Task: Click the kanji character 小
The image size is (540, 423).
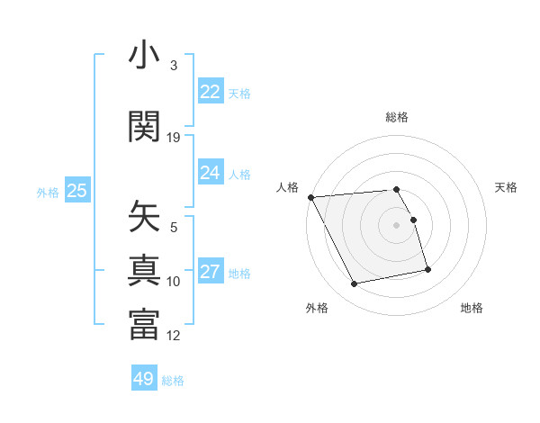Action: coord(144,57)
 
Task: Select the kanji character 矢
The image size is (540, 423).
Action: coord(144,217)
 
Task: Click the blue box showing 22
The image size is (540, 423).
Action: coord(211,92)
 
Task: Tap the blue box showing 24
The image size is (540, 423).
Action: coord(211,173)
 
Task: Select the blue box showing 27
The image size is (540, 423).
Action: coord(211,272)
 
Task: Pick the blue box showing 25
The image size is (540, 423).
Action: coord(77,191)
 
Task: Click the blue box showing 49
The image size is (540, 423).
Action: coord(144,379)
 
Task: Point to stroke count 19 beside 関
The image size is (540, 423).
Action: coord(174,137)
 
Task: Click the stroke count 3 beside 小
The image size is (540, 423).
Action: coord(174,66)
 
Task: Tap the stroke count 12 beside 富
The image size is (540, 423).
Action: coord(174,336)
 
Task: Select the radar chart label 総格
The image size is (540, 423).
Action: coord(397,117)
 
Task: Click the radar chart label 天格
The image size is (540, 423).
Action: coord(506,187)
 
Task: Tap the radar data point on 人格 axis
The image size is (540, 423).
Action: coord(310,197)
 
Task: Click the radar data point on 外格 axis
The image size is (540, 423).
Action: coord(355,284)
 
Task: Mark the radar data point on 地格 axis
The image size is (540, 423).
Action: coord(427,269)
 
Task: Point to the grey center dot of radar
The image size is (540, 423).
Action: coord(397,225)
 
